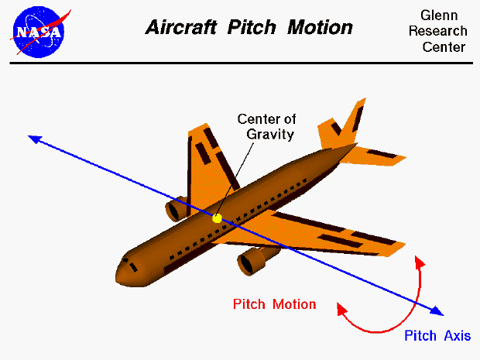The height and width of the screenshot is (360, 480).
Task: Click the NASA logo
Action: (39, 30)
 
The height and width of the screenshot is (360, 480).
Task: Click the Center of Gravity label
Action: (266, 126)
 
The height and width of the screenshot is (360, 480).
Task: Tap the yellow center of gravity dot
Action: (217, 218)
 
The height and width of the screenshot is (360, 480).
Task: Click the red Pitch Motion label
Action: (274, 304)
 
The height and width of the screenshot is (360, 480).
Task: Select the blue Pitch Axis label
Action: (437, 335)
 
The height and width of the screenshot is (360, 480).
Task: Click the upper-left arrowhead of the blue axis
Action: (33, 138)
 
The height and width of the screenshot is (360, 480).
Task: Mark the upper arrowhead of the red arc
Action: (421, 260)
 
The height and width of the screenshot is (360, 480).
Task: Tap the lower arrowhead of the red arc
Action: (341, 307)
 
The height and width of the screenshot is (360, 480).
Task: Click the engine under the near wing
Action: (252, 262)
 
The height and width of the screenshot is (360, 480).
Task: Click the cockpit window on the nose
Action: (134, 267)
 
